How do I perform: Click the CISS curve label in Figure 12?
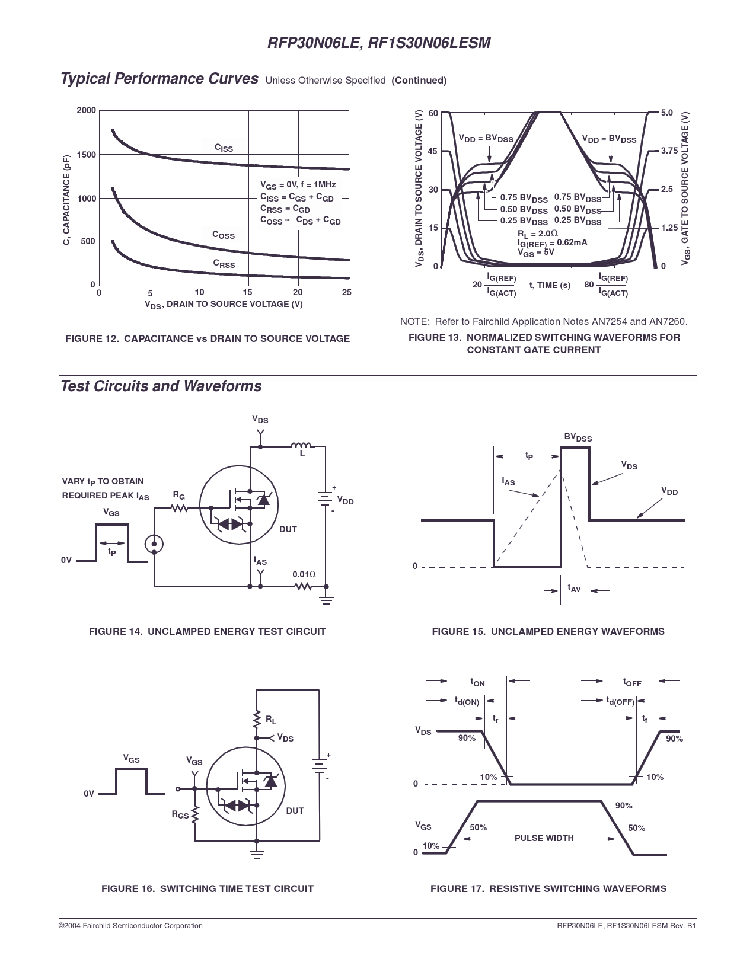tap(224, 148)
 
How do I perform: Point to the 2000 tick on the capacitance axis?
tap(87, 111)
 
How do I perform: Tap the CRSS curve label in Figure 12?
tap(224, 264)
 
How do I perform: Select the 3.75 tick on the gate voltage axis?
tap(669, 151)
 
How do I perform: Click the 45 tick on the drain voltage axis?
tap(433, 151)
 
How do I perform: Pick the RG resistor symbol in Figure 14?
tap(179, 508)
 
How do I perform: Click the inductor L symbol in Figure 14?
tap(301, 445)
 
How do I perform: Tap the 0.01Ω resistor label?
tap(304, 574)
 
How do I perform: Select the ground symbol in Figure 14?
tap(327, 599)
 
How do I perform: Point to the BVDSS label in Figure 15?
tap(578, 437)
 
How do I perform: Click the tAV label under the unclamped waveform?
tap(574, 588)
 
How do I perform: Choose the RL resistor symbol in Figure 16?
tap(257, 719)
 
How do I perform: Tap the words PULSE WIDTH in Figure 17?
tap(544, 838)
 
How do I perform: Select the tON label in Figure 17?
tap(477, 682)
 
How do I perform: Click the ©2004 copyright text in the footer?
tap(130, 925)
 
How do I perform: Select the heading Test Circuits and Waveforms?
tap(161, 386)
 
